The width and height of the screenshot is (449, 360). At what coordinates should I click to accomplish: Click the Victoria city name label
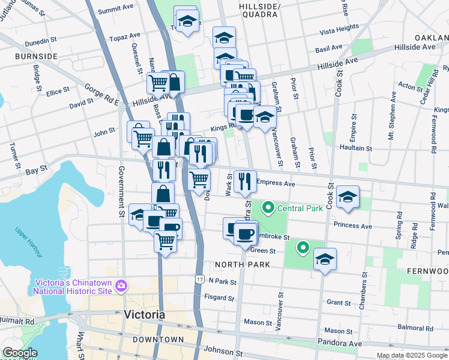pos(144,314)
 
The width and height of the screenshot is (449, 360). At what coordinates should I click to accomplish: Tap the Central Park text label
pos(300,209)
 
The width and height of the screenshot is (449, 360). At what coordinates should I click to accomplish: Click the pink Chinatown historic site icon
pos(122,285)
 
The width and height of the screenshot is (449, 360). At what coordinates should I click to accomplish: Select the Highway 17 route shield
pos(199,280)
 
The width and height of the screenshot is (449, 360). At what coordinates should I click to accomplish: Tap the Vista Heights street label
pos(339,29)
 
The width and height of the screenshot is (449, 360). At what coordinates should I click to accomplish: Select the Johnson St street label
pos(223,354)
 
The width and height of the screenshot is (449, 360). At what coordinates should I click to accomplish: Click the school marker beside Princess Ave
pos(347,199)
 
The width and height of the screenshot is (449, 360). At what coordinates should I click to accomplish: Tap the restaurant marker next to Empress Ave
pos(244,181)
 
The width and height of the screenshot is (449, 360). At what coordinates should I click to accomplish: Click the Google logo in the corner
pos(20,353)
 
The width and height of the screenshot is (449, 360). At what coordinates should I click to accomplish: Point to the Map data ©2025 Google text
pos(412,355)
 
